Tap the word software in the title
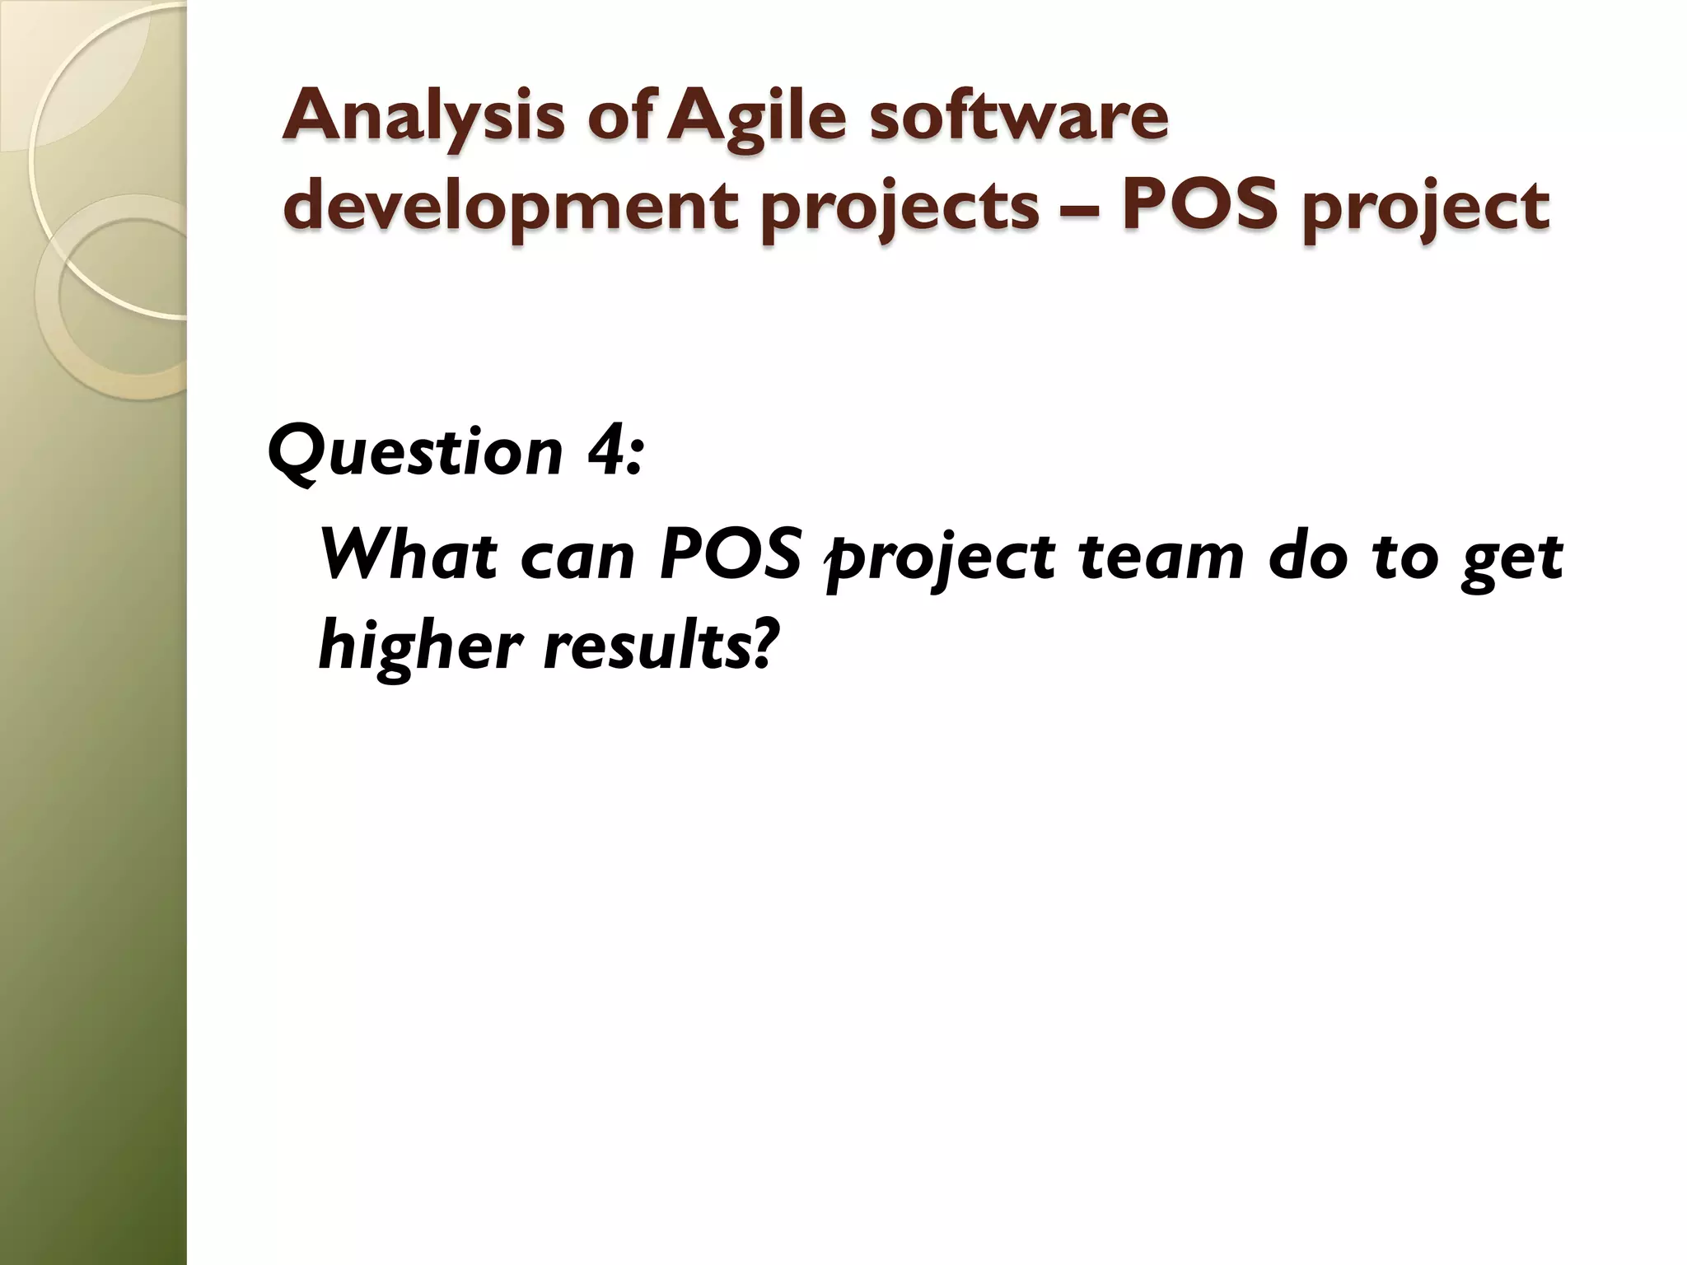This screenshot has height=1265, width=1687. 1019,117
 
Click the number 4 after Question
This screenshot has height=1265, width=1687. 607,451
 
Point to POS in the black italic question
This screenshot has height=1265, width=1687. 731,557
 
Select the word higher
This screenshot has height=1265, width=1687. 420,647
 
